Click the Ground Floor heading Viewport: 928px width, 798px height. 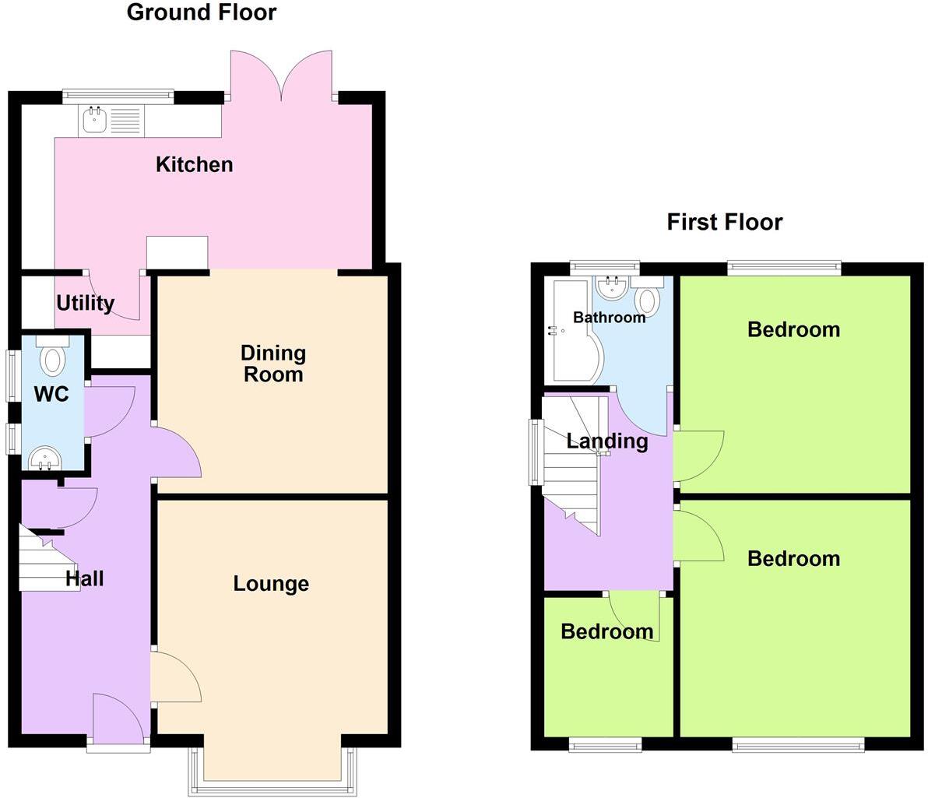point(201,12)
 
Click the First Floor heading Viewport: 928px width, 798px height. point(724,222)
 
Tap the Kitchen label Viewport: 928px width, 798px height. point(195,164)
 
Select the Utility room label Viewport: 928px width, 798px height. point(86,303)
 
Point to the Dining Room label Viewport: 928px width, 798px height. point(272,364)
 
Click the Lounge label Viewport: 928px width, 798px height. point(271,583)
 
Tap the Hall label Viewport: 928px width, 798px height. point(84,578)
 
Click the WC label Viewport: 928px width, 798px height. point(51,394)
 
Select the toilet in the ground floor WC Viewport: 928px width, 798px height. point(53,358)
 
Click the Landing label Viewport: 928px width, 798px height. point(607,441)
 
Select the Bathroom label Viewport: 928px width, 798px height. point(609,318)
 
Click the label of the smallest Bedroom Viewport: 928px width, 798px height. point(607,631)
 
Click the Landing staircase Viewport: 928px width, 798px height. point(572,467)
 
